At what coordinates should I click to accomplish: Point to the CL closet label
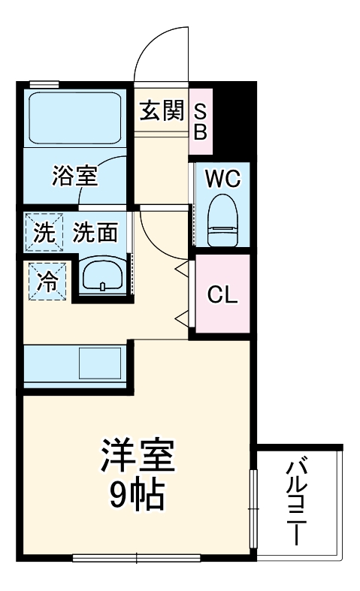click(x=222, y=294)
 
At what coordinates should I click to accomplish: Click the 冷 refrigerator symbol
click(x=47, y=281)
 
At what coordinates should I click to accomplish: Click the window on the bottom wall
click(x=137, y=558)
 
